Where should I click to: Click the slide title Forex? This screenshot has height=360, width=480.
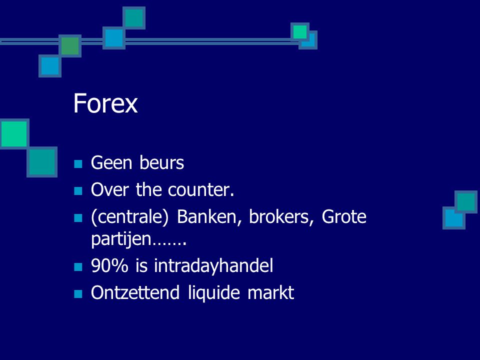105,103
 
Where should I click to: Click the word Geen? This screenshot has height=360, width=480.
111,162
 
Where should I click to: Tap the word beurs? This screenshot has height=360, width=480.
161,162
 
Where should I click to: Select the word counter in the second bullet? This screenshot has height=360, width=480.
201,190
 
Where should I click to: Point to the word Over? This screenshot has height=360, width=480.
109,190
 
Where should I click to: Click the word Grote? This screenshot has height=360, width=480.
344,216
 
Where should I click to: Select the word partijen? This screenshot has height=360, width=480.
121,239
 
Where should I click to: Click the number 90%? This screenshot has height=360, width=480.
109,265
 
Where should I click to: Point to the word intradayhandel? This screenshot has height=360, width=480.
213,265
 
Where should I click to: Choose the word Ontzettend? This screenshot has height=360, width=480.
135,292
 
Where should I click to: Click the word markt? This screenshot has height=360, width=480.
270,292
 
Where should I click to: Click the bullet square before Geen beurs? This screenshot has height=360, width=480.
78,164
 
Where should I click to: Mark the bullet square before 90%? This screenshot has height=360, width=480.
78,267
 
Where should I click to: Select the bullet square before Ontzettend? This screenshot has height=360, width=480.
78,294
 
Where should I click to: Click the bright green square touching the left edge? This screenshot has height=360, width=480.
14,134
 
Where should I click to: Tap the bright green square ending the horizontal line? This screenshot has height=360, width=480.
299,31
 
